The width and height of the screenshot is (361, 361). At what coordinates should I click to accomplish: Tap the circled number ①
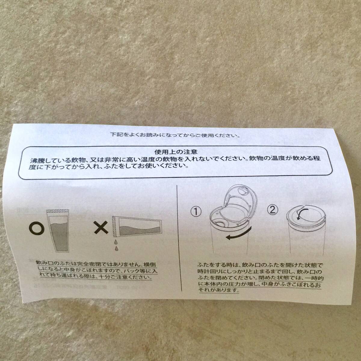click(x=196, y=211)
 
